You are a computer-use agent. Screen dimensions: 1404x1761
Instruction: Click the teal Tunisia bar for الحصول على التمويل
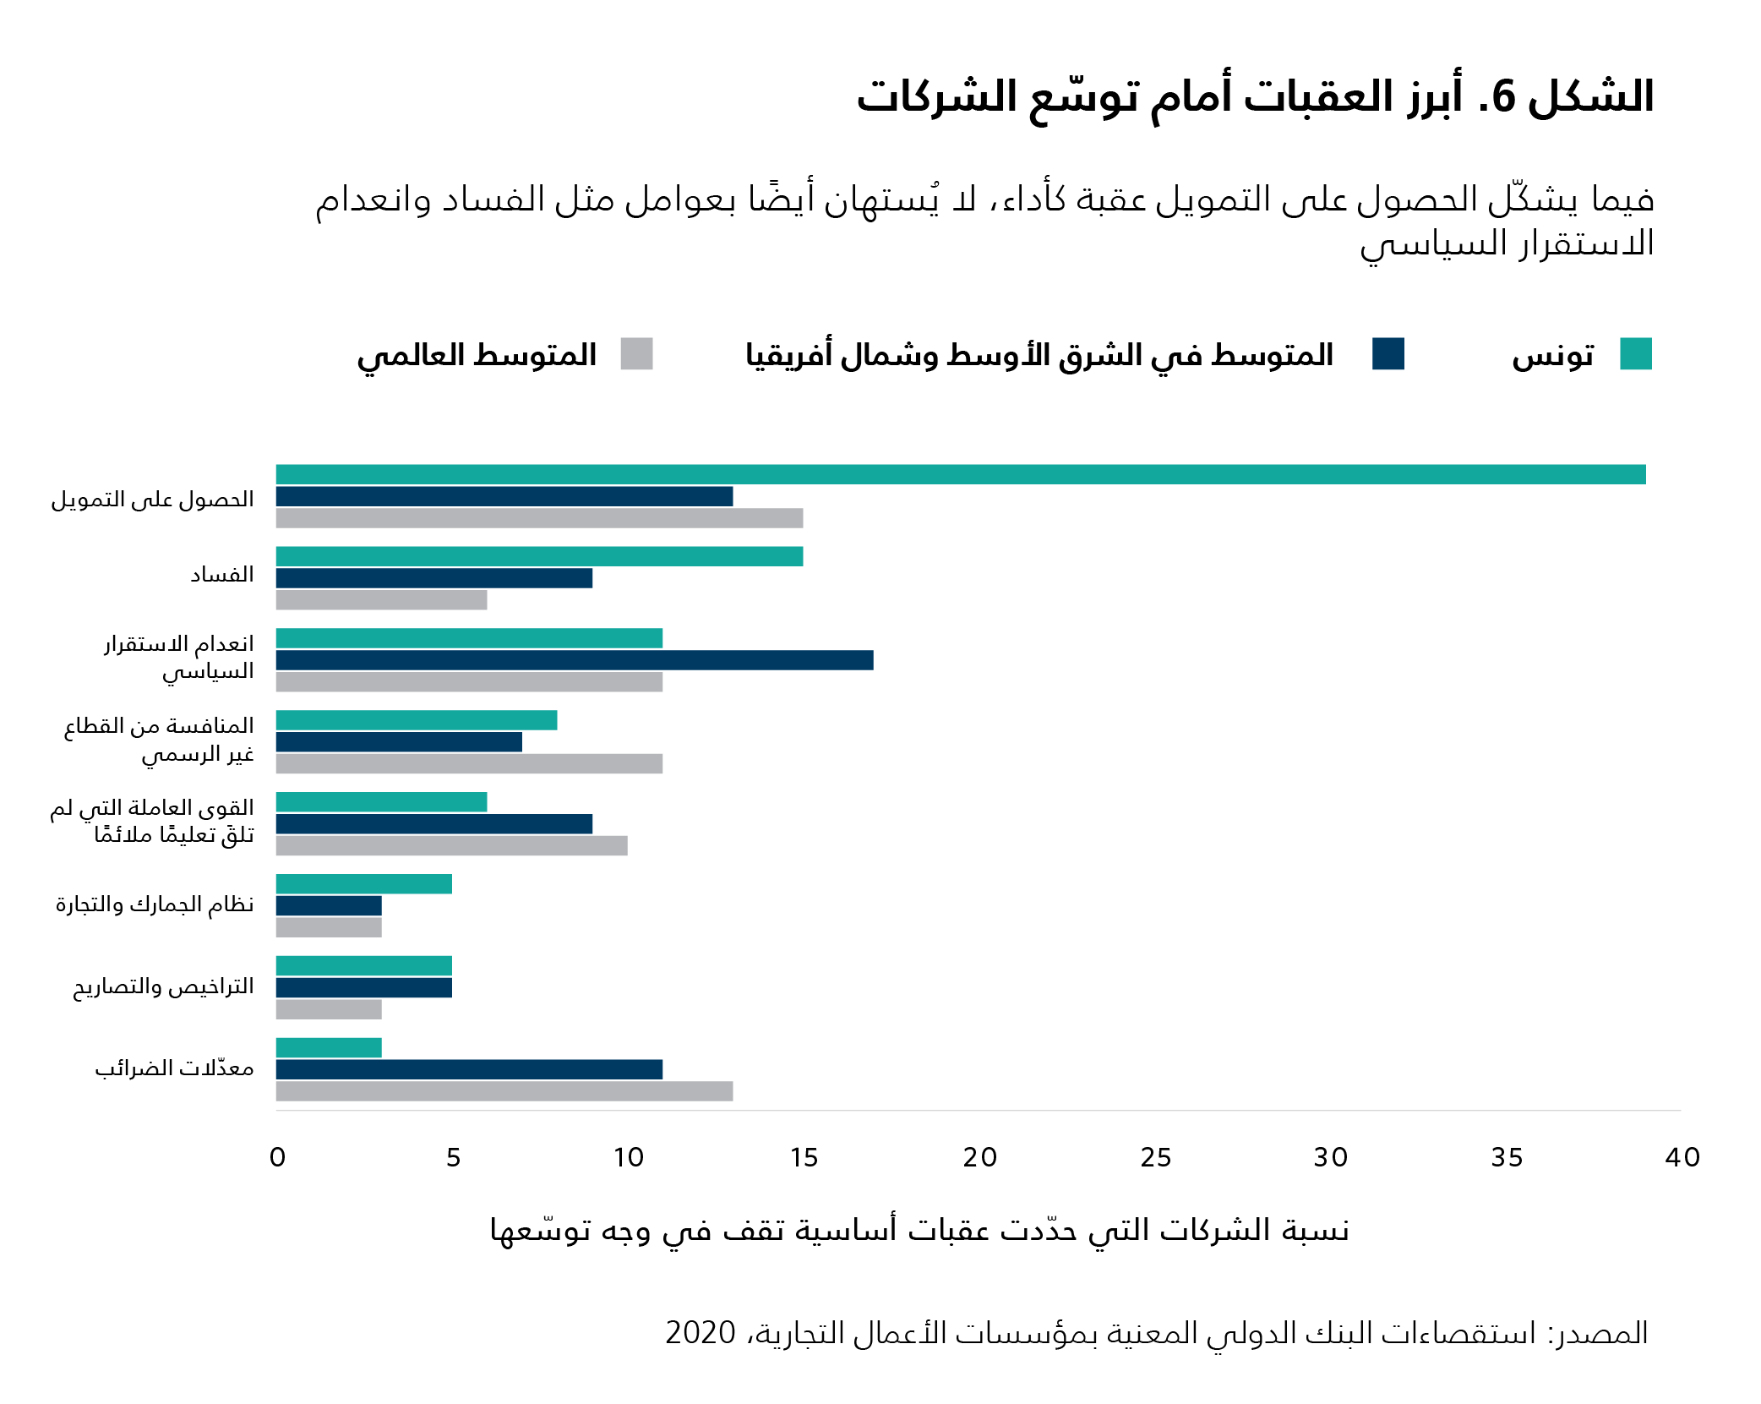coord(960,474)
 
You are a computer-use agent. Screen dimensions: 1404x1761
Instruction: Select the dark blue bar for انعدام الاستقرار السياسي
coord(575,660)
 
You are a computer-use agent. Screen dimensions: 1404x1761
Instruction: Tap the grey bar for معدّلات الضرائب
coord(504,1091)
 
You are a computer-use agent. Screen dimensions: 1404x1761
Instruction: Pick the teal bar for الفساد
coord(539,556)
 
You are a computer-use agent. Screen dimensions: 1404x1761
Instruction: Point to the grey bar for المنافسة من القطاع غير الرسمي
coord(469,764)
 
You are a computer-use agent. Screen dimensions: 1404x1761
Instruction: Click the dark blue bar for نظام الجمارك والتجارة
coord(329,906)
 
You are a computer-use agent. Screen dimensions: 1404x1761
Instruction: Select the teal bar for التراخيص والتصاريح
coord(363,965)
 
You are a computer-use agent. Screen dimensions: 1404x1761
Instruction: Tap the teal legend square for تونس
coord(1635,354)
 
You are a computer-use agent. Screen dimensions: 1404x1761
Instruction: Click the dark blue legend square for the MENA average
coord(1388,354)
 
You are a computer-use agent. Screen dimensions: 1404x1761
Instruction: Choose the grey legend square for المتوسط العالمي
coord(636,354)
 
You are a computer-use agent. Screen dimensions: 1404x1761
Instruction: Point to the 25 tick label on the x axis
coord(1155,1157)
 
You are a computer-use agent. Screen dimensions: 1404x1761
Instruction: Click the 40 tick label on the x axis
coord(1682,1157)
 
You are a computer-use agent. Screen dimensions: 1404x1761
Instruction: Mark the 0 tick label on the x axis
coord(277,1157)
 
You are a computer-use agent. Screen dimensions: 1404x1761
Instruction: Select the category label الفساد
coord(221,576)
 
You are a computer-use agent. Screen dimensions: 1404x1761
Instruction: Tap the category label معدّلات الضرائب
coord(174,1068)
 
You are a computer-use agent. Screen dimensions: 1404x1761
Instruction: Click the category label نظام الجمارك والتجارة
coord(155,904)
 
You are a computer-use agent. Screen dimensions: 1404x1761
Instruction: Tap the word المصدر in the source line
coord(1602,1333)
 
